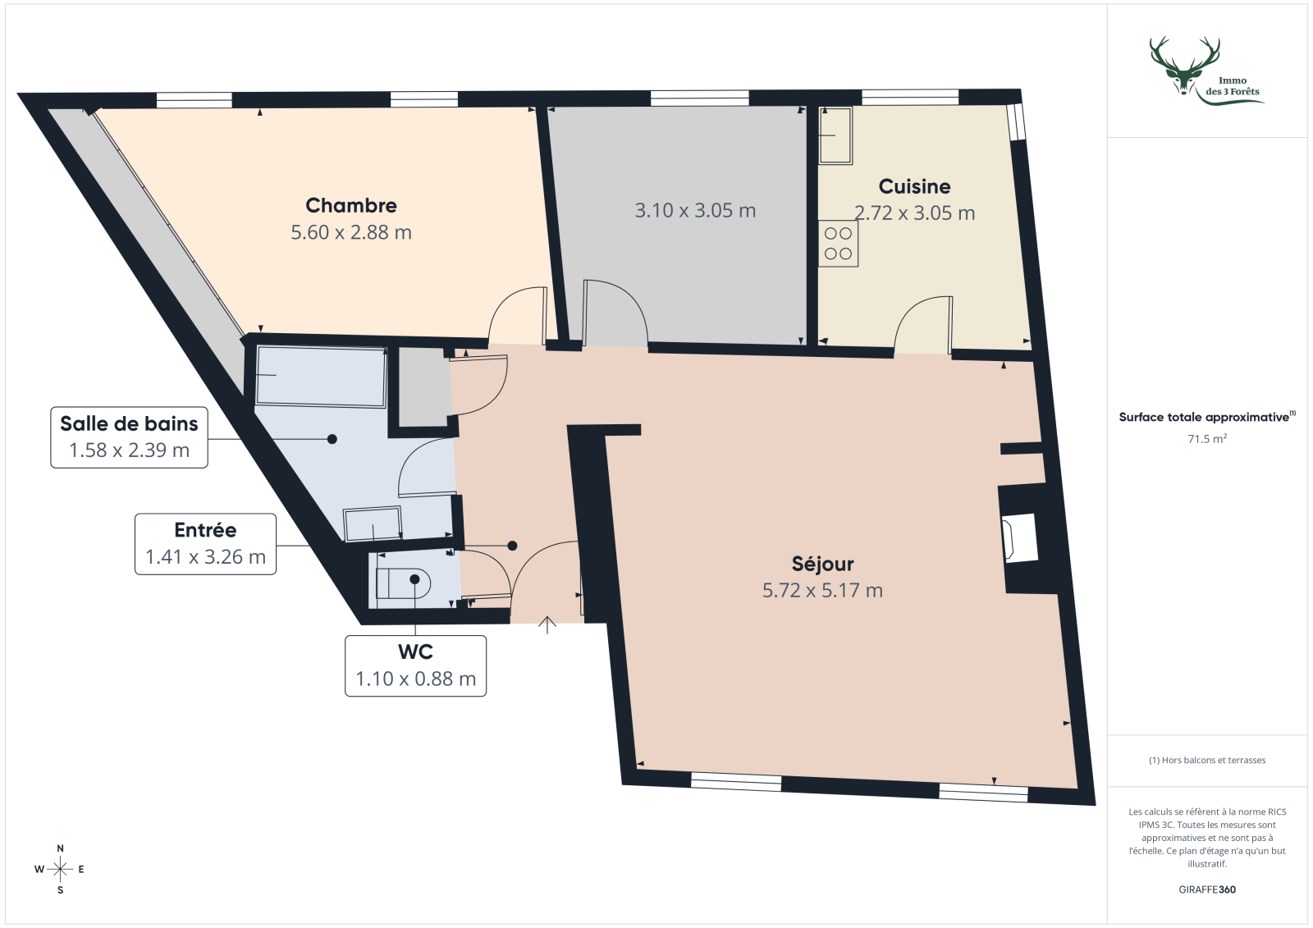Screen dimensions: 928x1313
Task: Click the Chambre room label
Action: coord(351,205)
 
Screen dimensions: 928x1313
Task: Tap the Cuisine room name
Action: coord(914,186)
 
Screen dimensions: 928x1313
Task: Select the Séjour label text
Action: coord(822,564)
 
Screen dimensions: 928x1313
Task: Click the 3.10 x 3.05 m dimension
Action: coord(695,211)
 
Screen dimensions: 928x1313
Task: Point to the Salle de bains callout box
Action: coord(129,437)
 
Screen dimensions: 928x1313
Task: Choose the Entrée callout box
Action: coord(205,543)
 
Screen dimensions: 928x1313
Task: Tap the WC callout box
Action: coord(415,665)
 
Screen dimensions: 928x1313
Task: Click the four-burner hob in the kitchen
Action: coord(838,244)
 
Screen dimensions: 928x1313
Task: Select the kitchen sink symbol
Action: coord(835,135)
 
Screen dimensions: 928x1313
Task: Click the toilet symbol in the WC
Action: coord(402,583)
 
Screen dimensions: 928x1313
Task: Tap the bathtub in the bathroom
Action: coord(321,377)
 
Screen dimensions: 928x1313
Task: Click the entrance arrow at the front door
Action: coord(547,625)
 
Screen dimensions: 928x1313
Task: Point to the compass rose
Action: coord(60,869)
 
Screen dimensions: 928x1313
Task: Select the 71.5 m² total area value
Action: coord(1207,439)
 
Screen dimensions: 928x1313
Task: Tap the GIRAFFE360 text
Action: coord(1207,889)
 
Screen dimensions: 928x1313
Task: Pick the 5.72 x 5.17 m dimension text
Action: coord(822,591)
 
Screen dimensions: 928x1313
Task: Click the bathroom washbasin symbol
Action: coord(373,524)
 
